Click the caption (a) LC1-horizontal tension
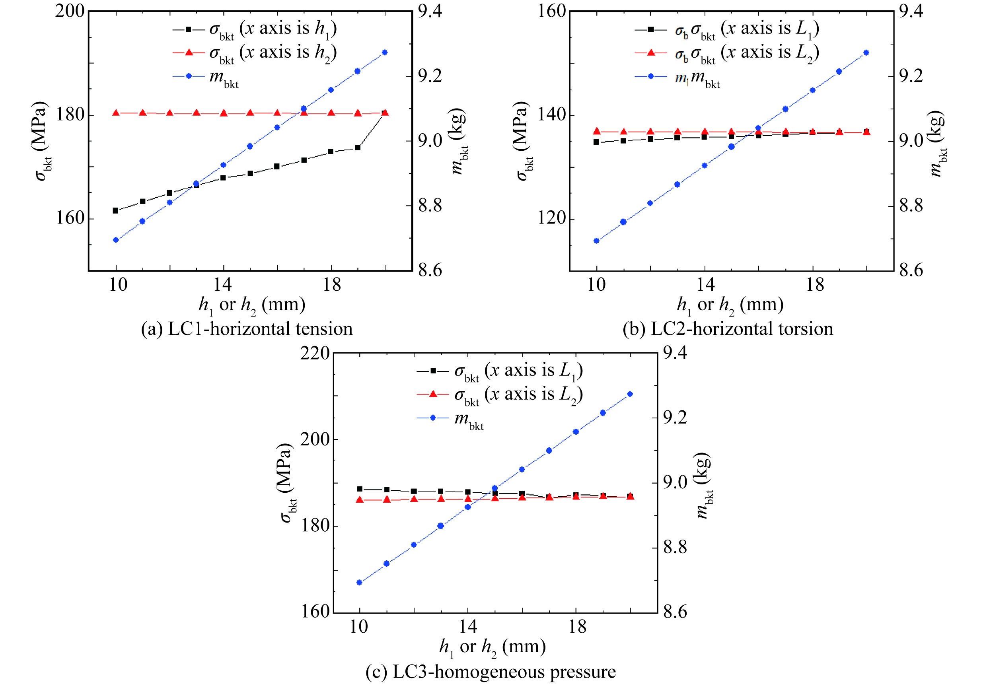coord(247,329)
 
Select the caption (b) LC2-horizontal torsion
coord(728,329)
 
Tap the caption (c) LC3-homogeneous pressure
coord(491,671)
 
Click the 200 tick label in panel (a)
coord(70,11)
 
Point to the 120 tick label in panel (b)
coord(551,219)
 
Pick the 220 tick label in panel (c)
coord(315,354)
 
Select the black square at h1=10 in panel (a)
coord(115,210)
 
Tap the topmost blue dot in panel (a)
coord(385,52)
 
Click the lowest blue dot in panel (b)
coord(596,241)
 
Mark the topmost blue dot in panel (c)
coord(630,394)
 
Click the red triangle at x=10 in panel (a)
coord(115,113)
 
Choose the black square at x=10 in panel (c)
coord(360,489)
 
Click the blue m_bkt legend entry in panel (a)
coord(206,77)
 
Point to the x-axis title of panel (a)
coord(252,305)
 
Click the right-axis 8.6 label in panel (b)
coord(910,270)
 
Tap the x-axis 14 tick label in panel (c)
coord(467,627)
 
